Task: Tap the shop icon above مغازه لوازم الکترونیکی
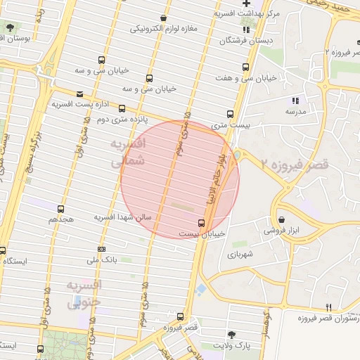[x=164, y=18]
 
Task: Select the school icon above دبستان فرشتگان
[x=245, y=30]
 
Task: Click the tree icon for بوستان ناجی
[x=10, y=27]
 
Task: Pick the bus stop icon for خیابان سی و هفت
[x=245, y=67]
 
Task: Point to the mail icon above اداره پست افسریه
[x=79, y=94]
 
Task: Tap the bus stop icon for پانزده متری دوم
[x=122, y=109]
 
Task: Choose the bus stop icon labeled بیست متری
[x=230, y=114]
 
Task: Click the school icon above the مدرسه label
[x=295, y=101]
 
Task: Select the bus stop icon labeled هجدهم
[x=61, y=209]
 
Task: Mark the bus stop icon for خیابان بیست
[x=202, y=223]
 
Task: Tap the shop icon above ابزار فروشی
[x=281, y=219]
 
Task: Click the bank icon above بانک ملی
[x=102, y=249]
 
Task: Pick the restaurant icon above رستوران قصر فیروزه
[x=329, y=307]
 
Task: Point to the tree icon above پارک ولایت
[x=231, y=334]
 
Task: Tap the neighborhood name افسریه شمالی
[x=127, y=152]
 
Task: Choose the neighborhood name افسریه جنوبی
[x=84, y=293]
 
